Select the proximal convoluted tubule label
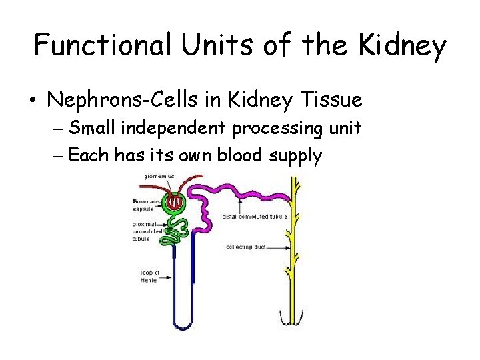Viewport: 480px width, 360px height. tap(147, 231)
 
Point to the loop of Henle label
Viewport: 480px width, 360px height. tap(150, 276)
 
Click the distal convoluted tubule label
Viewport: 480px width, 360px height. tap(254, 216)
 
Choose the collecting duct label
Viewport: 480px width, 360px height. tap(246, 247)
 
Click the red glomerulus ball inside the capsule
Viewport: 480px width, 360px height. tap(175, 201)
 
